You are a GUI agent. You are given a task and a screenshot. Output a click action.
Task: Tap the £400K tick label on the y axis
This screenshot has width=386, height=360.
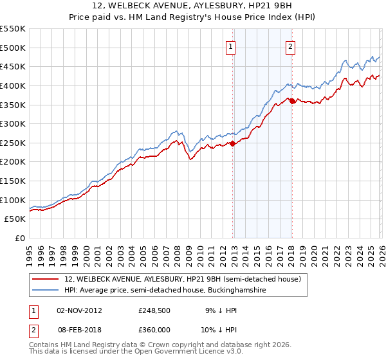[x=13, y=85]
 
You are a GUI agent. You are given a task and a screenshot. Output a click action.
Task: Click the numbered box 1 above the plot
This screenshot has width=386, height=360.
[x=230, y=46]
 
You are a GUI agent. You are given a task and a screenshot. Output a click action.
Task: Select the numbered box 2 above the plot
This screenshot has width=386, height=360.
[x=290, y=46]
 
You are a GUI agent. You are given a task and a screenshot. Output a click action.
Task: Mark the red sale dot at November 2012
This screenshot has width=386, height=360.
[x=232, y=143]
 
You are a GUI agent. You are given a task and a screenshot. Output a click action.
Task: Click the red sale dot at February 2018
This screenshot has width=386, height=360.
[x=292, y=100]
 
